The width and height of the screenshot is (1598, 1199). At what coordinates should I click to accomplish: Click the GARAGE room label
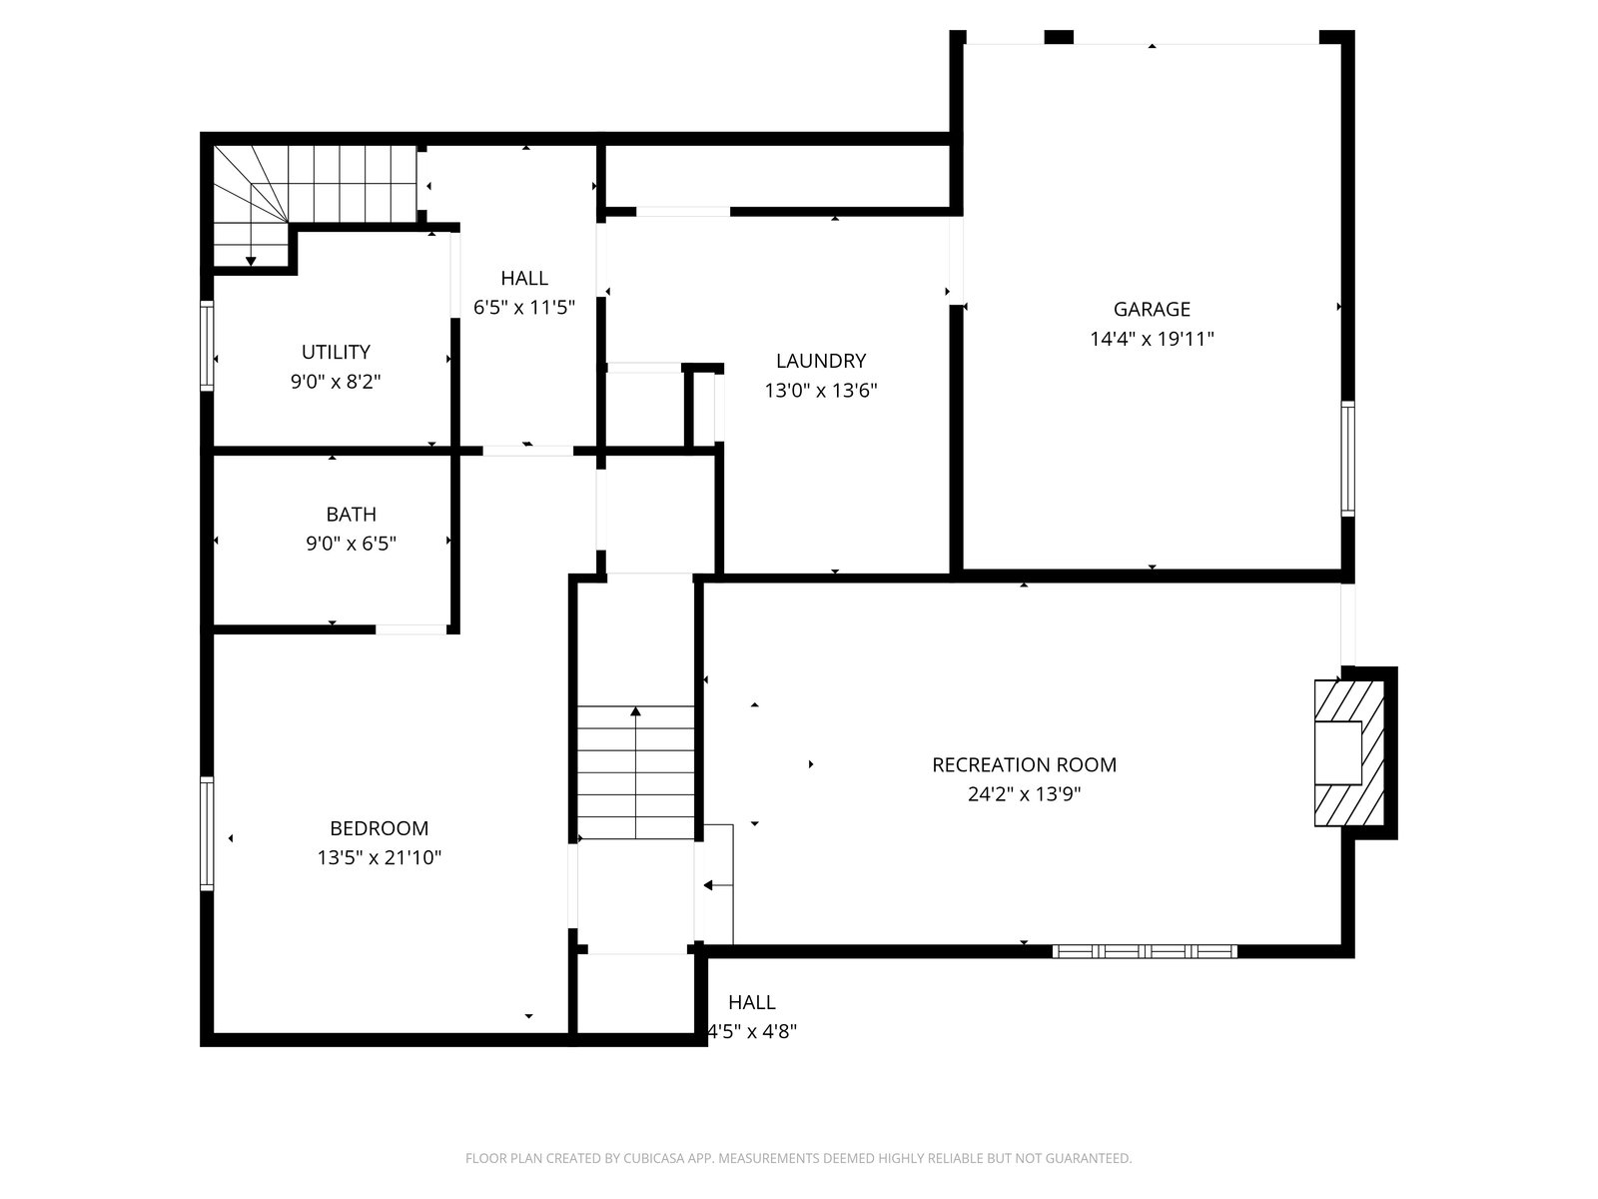pyautogui.click(x=1151, y=310)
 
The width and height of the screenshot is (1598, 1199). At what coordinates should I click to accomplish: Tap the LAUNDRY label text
pyautogui.click(x=821, y=361)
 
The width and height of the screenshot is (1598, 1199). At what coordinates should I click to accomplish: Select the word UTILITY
pyautogui.click(x=336, y=353)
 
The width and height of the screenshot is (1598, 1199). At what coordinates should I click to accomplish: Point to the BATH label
pyautogui.click(x=351, y=515)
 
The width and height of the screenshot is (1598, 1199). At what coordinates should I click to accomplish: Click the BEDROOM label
pyautogui.click(x=379, y=828)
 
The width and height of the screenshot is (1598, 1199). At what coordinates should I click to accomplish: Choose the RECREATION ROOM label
pyautogui.click(x=1024, y=765)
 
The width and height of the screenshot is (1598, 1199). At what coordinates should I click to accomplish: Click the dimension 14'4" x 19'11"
pyautogui.click(x=1152, y=340)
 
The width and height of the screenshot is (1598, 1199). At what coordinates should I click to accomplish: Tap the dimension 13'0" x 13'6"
pyautogui.click(x=821, y=391)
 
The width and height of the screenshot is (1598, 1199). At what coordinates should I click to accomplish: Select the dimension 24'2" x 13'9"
pyautogui.click(x=1024, y=794)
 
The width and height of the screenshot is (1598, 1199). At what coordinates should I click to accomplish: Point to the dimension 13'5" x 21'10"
pyautogui.click(x=379, y=858)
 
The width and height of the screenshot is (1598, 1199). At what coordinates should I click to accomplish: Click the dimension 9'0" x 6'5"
pyautogui.click(x=351, y=544)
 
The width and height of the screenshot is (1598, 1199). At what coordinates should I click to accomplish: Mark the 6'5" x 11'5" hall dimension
pyautogui.click(x=524, y=308)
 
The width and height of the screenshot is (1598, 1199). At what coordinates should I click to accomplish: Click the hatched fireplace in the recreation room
pyautogui.click(x=1349, y=752)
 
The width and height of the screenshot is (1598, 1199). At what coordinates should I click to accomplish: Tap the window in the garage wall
pyautogui.click(x=1347, y=459)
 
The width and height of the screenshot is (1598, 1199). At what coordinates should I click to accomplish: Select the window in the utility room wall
pyautogui.click(x=207, y=346)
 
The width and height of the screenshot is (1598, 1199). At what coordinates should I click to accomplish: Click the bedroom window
pyautogui.click(x=207, y=833)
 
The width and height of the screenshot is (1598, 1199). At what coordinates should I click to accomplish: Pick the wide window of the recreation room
pyautogui.click(x=1145, y=951)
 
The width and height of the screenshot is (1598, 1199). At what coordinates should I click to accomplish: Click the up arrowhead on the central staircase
pyautogui.click(x=635, y=711)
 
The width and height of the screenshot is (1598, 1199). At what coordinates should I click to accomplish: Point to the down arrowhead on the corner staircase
pyautogui.click(x=251, y=262)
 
